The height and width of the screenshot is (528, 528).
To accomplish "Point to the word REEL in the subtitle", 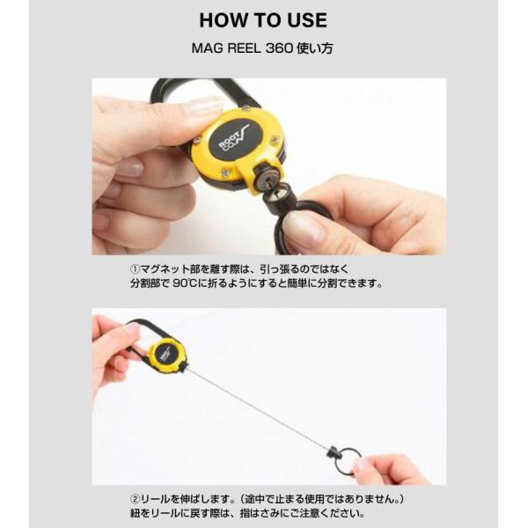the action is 244,48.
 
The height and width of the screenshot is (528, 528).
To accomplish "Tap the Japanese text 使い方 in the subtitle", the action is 315,48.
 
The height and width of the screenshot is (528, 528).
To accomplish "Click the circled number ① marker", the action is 135,269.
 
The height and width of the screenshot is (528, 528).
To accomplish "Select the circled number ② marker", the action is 135,499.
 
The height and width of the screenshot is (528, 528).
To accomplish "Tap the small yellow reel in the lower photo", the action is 168,355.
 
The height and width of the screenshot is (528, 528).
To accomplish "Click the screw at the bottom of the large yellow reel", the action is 225,173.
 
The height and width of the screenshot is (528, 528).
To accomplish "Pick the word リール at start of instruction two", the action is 152,499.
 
